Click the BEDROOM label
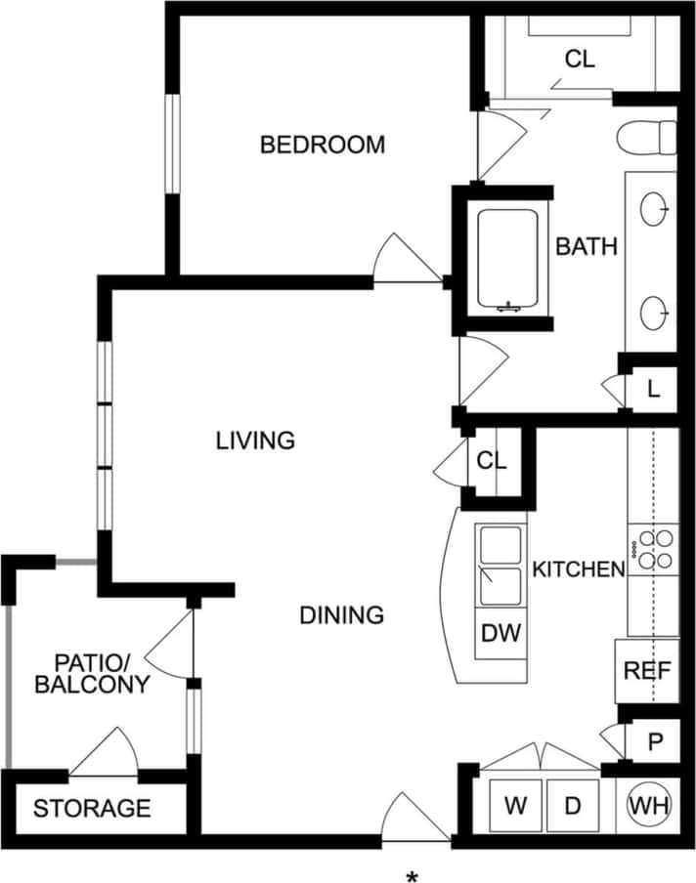click(x=323, y=146)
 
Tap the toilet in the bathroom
click(x=648, y=137)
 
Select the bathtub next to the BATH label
click(x=506, y=260)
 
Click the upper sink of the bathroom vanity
click(x=656, y=208)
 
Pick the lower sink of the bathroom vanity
click(x=656, y=312)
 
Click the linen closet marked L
click(x=653, y=390)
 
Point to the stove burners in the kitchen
click(x=653, y=549)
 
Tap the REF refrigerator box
click(x=646, y=671)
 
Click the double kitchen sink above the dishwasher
click(x=500, y=566)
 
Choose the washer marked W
click(x=515, y=806)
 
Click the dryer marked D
click(x=574, y=806)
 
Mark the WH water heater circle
click(x=650, y=806)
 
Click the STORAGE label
click(x=92, y=809)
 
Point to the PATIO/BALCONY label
click(x=92, y=672)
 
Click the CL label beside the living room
click(x=492, y=460)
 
